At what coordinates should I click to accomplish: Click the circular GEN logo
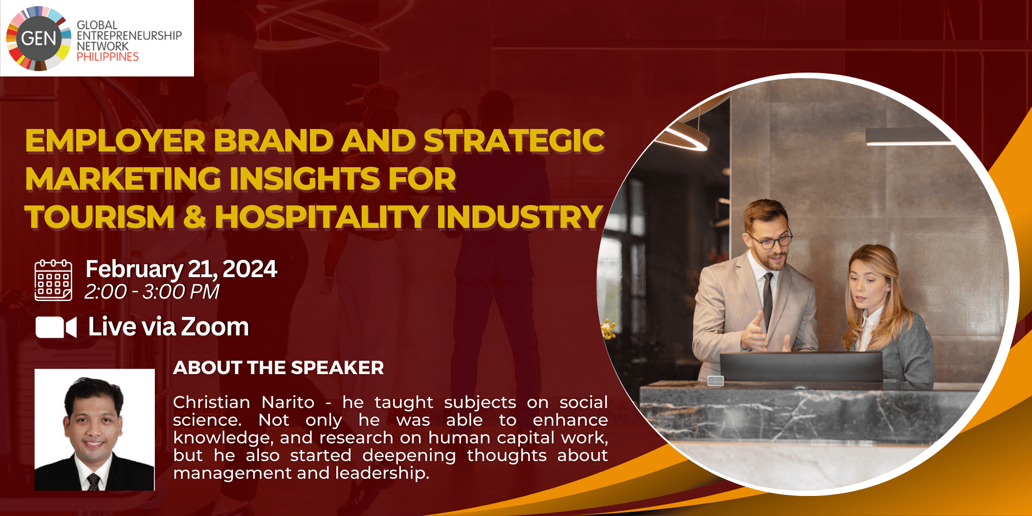[39, 38]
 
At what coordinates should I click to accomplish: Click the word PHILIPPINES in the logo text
[107, 57]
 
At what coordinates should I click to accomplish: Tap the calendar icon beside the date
[54, 280]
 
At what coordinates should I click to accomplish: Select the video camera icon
[56, 327]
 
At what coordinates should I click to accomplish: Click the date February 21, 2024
[181, 269]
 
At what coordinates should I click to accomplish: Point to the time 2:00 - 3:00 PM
[152, 291]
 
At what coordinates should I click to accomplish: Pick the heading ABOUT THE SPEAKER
[279, 367]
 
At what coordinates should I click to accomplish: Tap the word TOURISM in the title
[100, 216]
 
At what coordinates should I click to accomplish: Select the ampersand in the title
[194, 216]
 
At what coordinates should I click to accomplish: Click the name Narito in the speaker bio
[288, 402]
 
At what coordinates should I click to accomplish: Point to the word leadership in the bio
[382, 473]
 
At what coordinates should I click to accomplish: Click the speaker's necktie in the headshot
[93, 482]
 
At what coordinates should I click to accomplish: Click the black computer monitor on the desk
[801, 367]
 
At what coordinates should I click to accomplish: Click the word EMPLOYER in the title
[115, 141]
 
